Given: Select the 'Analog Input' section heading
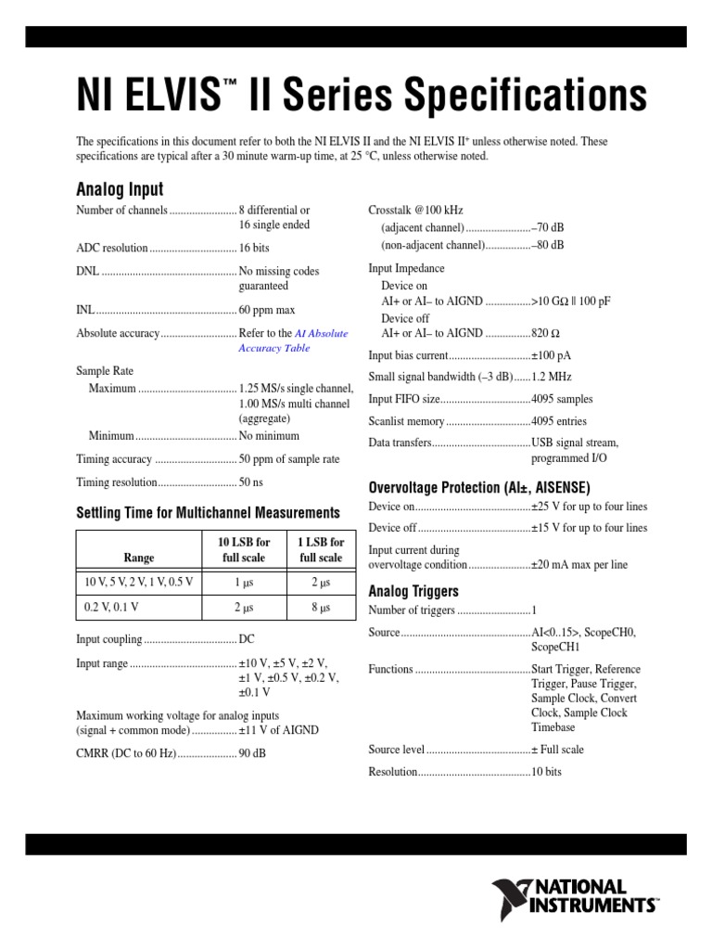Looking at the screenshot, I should [120, 190].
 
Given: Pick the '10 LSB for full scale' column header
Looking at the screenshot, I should [244, 549].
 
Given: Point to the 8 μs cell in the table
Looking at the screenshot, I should [321, 608].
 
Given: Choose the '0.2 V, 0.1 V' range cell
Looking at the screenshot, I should [112, 608].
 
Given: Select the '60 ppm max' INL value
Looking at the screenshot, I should [267, 309].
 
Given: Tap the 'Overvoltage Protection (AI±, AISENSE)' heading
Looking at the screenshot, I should [478, 487].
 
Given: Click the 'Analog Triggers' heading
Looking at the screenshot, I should [413, 591].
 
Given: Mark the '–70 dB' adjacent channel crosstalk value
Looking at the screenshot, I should [547, 227].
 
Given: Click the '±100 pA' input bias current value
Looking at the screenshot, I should [551, 355].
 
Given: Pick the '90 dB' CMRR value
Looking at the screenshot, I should [252, 753].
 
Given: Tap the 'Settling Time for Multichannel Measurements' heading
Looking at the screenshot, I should [208, 512].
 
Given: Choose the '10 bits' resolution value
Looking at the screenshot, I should [546, 772].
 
